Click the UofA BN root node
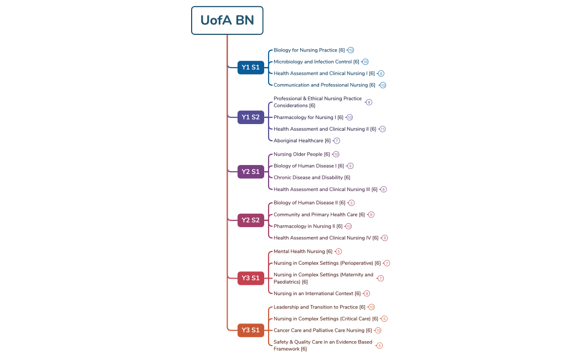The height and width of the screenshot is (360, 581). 227,20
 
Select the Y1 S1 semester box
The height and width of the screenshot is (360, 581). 250,68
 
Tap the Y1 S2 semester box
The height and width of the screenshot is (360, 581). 250,117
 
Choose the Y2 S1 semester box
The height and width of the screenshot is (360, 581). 250,172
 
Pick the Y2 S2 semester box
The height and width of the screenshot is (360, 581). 250,220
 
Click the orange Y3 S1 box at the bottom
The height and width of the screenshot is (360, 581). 250,330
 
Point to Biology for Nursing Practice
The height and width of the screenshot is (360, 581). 309,50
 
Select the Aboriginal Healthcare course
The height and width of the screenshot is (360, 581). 302,141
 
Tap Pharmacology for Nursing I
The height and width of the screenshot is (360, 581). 308,117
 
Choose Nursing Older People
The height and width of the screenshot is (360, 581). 301,155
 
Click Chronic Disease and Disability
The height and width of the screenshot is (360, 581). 312,178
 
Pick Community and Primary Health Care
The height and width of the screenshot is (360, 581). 319,215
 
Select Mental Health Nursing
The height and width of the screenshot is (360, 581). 303,251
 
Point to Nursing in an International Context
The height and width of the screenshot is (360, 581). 317,294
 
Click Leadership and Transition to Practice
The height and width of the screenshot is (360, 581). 319,307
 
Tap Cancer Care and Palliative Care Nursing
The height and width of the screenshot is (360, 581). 322,331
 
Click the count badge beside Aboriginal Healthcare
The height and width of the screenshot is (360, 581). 337,141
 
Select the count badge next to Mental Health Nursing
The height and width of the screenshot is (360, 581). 338,251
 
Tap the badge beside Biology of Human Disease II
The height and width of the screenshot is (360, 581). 351,203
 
